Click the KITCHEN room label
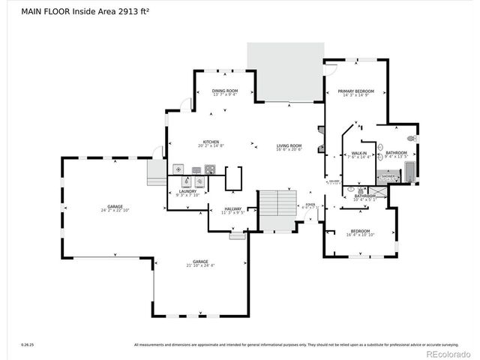click(211, 141)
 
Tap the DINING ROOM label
click(225, 91)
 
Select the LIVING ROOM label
click(289, 145)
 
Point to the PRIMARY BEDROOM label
click(355, 91)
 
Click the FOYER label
click(310, 204)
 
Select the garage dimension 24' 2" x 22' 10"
click(115, 210)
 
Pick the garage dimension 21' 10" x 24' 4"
click(200, 265)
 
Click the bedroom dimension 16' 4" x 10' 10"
click(360, 235)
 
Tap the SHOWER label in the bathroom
click(388, 176)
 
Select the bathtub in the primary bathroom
click(410, 172)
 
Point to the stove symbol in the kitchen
click(196, 170)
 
